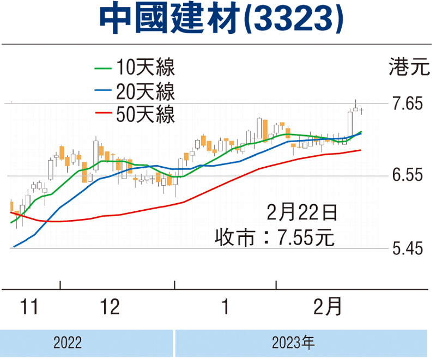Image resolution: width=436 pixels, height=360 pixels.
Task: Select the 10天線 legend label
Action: point(145,69)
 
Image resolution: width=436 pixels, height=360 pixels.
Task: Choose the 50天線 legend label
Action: point(145,114)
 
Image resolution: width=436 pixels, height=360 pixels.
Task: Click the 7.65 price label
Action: point(408,103)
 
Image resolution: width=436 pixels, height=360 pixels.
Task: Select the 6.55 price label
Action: point(408,176)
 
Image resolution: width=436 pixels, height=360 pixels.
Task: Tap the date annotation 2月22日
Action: point(302,211)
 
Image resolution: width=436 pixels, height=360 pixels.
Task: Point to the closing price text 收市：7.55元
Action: point(274,237)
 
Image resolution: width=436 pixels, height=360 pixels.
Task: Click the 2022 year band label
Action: point(68,343)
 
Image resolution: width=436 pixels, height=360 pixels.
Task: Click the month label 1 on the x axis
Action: point(225,308)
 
